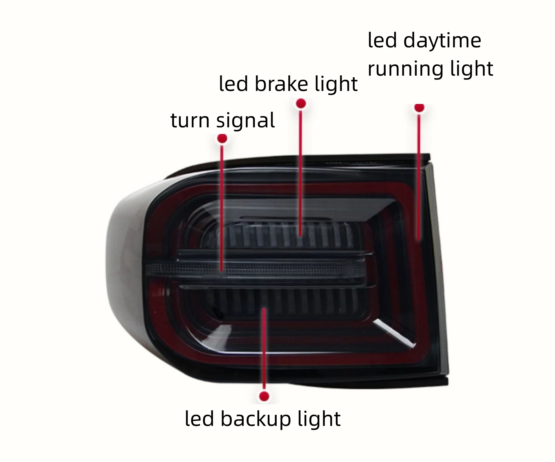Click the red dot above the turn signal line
pyautogui.click(x=222, y=139)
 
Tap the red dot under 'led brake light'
pyautogui.click(x=301, y=104)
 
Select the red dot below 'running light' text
pyautogui.click(x=419, y=108)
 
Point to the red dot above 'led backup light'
pyautogui.click(x=264, y=396)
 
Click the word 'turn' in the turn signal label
pyautogui.click(x=189, y=120)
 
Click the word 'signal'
pyautogui.click(x=245, y=121)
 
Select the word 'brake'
pyautogui.click(x=281, y=84)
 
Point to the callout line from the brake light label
pyautogui.click(x=301, y=173)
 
